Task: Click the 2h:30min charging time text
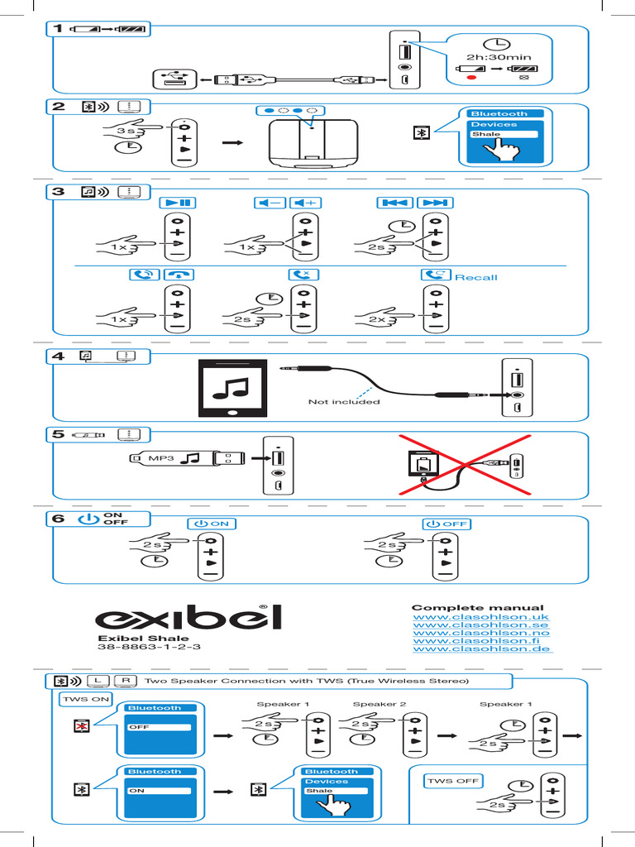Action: pyautogui.click(x=498, y=57)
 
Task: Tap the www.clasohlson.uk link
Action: pyautogui.click(x=480, y=617)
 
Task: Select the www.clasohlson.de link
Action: pyautogui.click(x=481, y=649)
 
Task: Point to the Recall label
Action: pyautogui.click(x=475, y=277)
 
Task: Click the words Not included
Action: pyautogui.click(x=344, y=402)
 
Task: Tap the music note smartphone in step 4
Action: pyautogui.click(x=232, y=388)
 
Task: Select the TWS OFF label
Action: pyautogui.click(x=452, y=781)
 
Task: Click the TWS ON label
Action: pyautogui.click(x=84, y=699)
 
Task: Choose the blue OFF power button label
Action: pyautogui.click(x=446, y=524)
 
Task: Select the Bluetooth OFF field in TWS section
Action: pyautogui.click(x=159, y=727)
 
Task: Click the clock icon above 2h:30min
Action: pyautogui.click(x=498, y=43)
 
